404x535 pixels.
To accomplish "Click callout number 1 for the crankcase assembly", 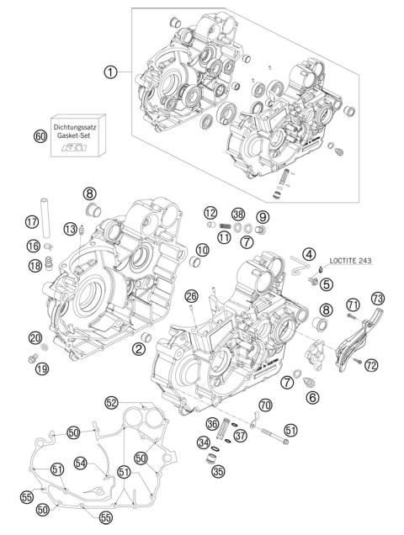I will point(110,72).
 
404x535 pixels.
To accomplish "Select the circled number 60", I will point(40,135).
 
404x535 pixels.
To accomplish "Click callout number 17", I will point(32,223).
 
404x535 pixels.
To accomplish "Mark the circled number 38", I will point(239,215).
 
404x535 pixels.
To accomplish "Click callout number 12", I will point(210,212).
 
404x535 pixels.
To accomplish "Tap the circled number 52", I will point(110,402).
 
